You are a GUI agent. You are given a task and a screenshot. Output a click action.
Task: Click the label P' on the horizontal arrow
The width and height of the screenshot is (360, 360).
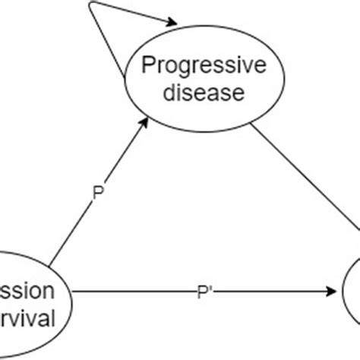(206, 289)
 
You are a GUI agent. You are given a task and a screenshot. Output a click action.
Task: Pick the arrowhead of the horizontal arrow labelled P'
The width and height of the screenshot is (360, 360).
(332, 289)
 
